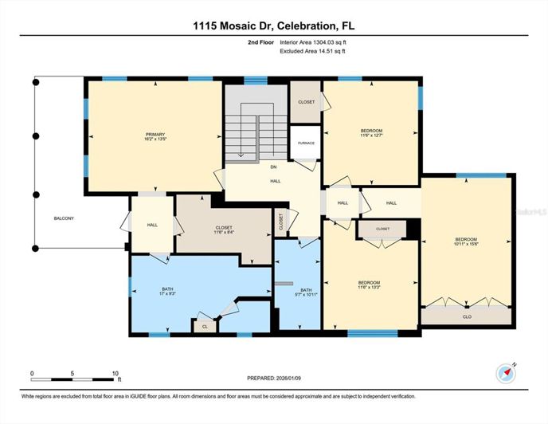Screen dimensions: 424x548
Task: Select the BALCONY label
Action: pos(65,218)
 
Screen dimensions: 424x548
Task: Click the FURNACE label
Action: pos(306,143)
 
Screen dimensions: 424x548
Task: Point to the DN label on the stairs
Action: pos(273,167)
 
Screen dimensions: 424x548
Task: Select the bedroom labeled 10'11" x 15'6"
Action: pos(466,242)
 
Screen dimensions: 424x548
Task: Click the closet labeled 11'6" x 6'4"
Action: pos(224,230)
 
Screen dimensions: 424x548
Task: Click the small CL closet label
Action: pos(204,327)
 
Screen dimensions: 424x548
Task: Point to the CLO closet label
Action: pos(466,316)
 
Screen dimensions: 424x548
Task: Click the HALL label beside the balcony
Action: pos(152,226)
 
